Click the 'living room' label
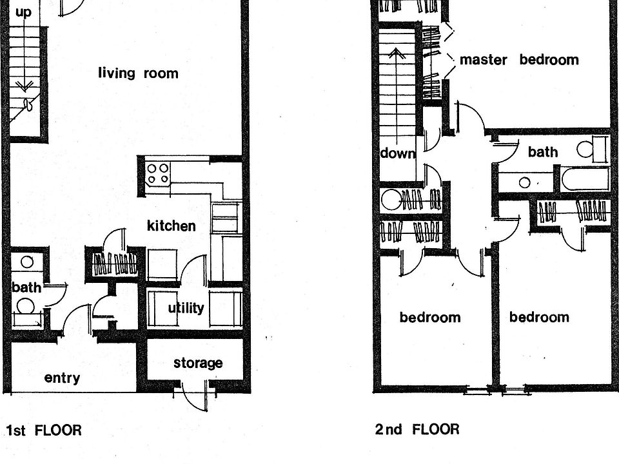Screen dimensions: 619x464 (138, 73)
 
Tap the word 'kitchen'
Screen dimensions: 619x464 (171, 226)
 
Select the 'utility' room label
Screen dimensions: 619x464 (186, 308)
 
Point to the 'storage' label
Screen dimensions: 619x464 (198, 363)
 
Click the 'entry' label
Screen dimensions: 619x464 (62, 378)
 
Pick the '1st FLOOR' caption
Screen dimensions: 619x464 (44, 430)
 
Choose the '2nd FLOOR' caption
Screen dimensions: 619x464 (417, 429)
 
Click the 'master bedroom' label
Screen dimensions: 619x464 (518, 60)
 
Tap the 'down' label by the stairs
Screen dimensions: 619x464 (397, 153)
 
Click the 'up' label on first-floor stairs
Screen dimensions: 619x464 (23, 12)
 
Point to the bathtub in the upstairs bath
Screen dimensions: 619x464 (585, 179)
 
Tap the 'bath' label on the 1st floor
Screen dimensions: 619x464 (25, 287)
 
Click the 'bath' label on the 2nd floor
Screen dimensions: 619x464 (542, 152)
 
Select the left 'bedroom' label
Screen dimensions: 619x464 (429, 317)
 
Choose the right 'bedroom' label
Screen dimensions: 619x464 (539, 316)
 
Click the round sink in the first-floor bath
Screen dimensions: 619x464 (26, 262)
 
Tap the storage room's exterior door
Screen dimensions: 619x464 (195, 394)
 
